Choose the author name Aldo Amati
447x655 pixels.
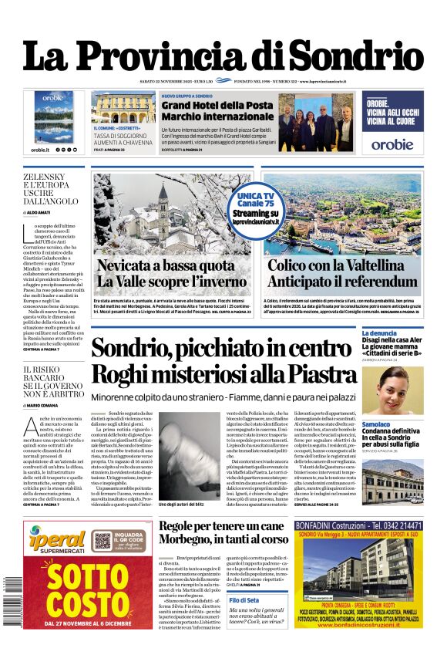tap(45, 211)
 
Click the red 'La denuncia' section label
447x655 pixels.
tap(379, 334)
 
